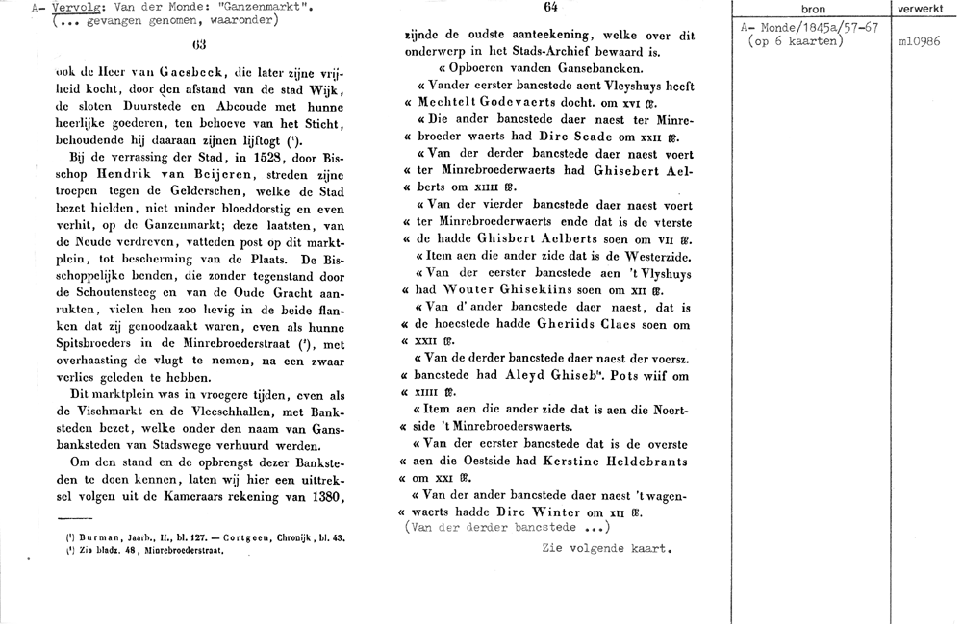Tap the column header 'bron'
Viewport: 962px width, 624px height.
pyautogui.click(x=813, y=9)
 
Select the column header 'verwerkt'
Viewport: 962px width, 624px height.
pyautogui.click(x=920, y=9)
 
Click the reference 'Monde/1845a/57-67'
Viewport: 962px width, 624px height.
pyautogui.click(x=812, y=28)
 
